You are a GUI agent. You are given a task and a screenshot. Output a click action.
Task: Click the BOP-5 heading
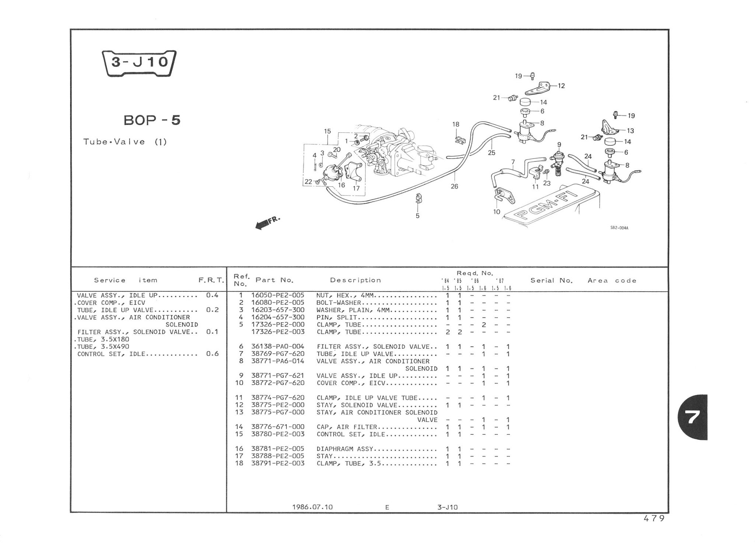152,120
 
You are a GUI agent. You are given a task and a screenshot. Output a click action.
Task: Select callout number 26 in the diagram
454,187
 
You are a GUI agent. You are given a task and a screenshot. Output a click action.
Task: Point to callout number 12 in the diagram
561,86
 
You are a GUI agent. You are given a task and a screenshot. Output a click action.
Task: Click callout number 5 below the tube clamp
417,216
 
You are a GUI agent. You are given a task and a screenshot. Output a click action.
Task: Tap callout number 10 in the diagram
497,212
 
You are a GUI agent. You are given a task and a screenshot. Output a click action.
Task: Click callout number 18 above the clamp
456,124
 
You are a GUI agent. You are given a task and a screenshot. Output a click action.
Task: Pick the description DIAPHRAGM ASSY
345,449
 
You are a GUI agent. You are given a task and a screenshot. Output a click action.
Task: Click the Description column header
355,280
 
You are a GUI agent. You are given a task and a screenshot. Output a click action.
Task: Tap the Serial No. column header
552,281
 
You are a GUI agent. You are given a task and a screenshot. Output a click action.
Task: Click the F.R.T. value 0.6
212,354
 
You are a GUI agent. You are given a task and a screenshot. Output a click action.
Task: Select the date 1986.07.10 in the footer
312,507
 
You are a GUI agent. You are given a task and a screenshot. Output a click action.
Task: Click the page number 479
654,518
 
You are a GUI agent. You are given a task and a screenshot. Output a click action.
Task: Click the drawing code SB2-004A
619,228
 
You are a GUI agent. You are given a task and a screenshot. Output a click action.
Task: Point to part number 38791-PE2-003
278,463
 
